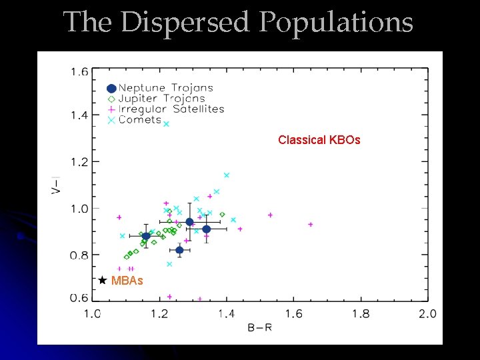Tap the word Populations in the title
pos(336,23)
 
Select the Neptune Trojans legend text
pos(165,88)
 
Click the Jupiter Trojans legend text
pos(161,99)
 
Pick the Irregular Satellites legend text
pos(171,109)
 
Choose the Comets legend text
pos(140,120)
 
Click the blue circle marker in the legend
pos(111,88)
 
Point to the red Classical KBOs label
pos(319,140)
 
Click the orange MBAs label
pos(127,281)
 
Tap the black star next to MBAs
pos(102,281)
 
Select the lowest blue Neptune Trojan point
pos(179,250)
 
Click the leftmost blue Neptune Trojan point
pos(146,236)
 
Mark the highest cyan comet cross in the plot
pos(166,123)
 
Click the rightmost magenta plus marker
pos(311,225)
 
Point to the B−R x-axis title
pos(259,327)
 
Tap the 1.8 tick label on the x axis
pos(360,314)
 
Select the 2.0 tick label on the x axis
pos(427,314)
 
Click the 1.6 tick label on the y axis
pos(79,72)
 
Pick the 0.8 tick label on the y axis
pos(79,255)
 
